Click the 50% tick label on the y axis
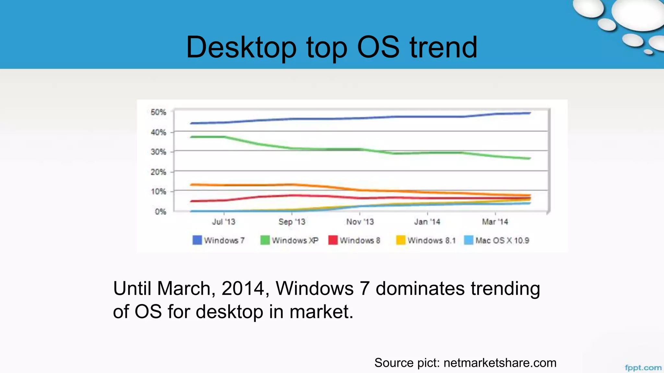158,112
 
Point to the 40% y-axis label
158,132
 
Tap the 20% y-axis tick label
158,172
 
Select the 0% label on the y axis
160,212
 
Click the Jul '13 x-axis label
223,222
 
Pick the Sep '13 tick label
292,222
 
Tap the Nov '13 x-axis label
360,222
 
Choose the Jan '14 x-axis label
427,222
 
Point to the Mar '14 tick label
495,222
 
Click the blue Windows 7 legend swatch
197,240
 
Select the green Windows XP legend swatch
265,240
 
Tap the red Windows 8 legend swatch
333,240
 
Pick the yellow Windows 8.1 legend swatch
401,240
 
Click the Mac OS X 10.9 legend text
502,241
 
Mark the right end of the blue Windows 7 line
530,113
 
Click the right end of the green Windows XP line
530,158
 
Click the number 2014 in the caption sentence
243,288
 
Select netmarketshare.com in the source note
500,363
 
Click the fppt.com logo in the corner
643,367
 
